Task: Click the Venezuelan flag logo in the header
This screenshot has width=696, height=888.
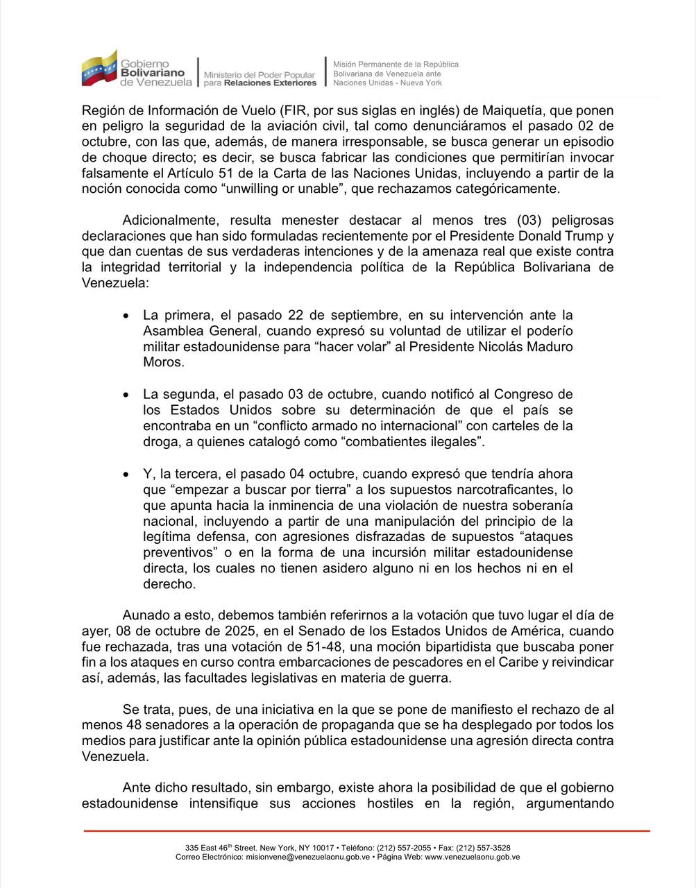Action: (x=99, y=68)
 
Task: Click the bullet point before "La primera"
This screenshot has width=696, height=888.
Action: (x=126, y=316)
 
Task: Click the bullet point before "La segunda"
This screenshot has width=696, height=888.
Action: (x=126, y=395)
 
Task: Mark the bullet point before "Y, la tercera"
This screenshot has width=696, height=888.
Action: (x=126, y=475)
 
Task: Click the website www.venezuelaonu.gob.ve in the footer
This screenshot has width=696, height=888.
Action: (x=473, y=857)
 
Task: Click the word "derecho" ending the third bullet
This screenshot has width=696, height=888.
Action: (x=169, y=584)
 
